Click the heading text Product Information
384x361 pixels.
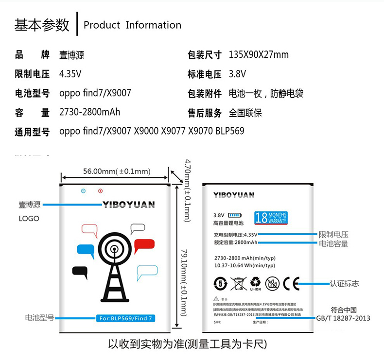132,25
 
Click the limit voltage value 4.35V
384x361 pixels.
70,74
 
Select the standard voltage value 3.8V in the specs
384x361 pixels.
237,74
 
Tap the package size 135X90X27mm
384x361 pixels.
259,54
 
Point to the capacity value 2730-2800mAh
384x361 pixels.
89,112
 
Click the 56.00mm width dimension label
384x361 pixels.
116,171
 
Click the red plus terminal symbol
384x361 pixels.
101,191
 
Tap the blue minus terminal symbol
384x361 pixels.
83,191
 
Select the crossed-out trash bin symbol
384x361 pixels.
239,283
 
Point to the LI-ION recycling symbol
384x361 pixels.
255,283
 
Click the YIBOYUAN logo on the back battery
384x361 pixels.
234,195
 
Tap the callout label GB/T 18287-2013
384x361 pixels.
343,318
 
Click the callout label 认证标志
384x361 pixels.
344,283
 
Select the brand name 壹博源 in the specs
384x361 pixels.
71,55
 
